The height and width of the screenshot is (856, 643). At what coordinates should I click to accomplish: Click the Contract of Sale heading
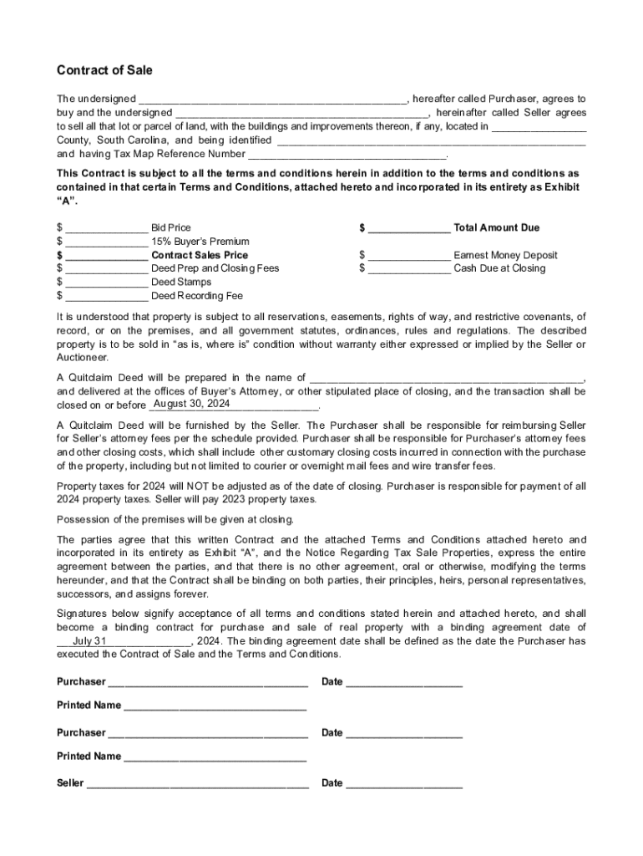tap(104, 70)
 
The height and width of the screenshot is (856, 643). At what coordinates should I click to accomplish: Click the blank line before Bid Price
tap(106, 228)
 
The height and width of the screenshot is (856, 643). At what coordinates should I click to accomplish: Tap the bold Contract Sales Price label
tap(200, 255)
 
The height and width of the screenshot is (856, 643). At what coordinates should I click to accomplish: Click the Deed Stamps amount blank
tap(106, 283)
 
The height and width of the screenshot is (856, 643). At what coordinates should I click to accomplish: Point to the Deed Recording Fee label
tap(197, 296)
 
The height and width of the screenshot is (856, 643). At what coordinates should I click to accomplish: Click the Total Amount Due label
tap(496, 227)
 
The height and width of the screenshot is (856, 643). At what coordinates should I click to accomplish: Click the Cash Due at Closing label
tap(499, 268)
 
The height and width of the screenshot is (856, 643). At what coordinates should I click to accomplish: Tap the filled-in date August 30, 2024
tap(192, 404)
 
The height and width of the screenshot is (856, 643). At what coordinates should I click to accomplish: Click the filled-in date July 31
tap(90, 641)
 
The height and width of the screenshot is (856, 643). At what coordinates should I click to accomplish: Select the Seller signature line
tap(197, 784)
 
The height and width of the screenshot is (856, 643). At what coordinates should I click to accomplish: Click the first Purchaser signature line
tap(207, 682)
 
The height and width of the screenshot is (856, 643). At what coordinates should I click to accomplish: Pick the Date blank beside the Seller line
tap(404, 784)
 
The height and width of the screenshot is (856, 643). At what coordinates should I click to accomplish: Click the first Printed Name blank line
tap(215, 706)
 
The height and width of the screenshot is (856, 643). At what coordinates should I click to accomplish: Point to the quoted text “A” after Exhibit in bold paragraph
tap(64, 201)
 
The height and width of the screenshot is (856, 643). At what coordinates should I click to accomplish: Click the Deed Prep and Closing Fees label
tap(215, 268)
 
